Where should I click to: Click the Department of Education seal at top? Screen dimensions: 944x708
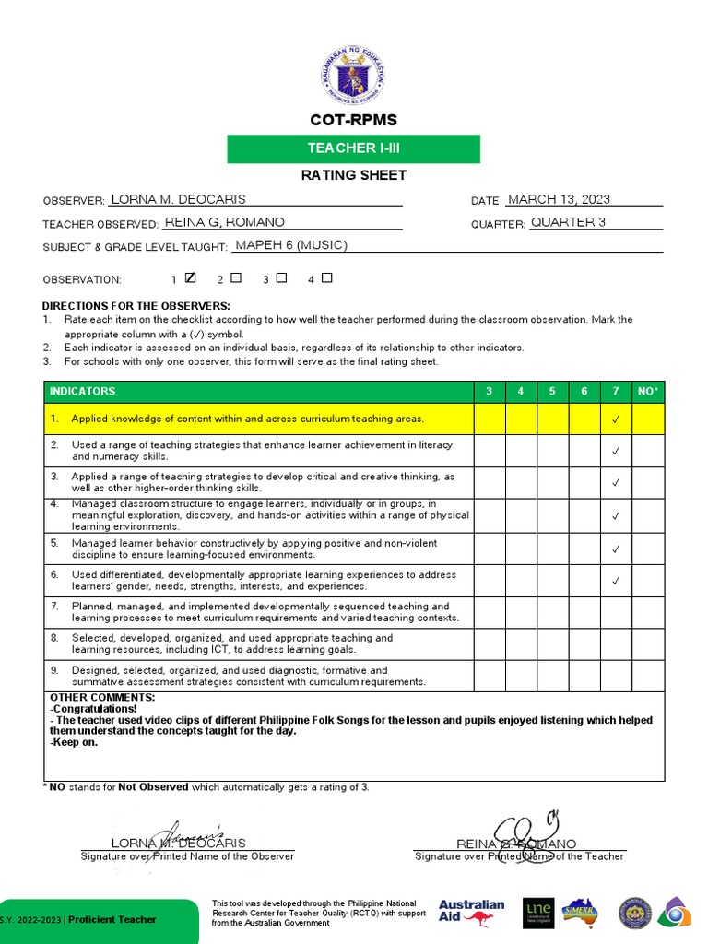(x=353, y=72)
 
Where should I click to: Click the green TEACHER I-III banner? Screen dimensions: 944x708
(x=353, y=148)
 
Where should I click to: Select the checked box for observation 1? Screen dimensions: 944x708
(x=191, y=277)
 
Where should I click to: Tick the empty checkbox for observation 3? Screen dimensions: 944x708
(x=282, y=277)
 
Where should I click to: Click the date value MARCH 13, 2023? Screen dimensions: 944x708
(x=560, y=199)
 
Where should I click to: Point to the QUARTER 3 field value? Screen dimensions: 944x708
(x=568, y=222)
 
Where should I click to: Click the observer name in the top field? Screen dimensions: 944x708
(x=178, y=199)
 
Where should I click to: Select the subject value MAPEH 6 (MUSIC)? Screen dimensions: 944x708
(x=291, y=245)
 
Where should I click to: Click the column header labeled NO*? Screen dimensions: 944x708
(x=648, y=391)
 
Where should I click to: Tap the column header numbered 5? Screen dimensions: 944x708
(x=552, y=391)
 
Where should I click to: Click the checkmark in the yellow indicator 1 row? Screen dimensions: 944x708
(x=616, y=419)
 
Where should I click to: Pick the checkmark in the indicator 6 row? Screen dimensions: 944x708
(x=616, y=581)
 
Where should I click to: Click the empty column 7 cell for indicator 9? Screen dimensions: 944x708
(x=616, y=676)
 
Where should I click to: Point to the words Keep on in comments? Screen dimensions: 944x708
(x=74, y=742)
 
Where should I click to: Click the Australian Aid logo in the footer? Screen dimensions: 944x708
(x=471, y=912)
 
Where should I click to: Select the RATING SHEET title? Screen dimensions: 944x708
(x=353, y=175)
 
